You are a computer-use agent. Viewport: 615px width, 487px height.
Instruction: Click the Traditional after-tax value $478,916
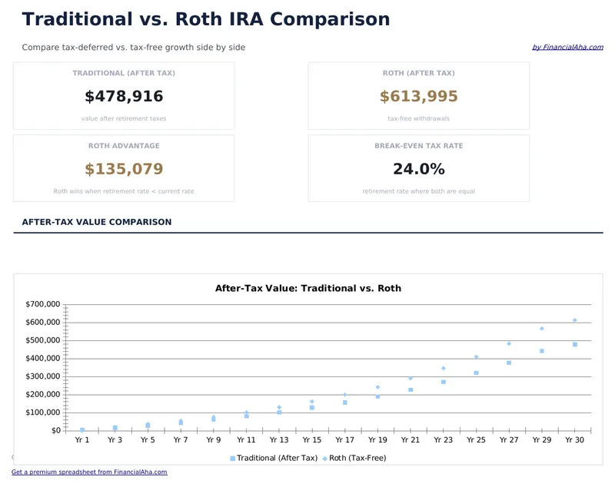(124, 97)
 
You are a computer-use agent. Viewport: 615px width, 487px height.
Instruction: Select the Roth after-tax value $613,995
(418, 97)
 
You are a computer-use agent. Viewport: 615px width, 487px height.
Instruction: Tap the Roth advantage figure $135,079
(124, 169)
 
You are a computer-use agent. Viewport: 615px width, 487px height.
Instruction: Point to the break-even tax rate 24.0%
(418, 169)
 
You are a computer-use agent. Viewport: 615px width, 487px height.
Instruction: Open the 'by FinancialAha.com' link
(567, 48)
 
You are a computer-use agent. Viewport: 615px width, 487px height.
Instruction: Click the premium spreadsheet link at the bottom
(89, 472)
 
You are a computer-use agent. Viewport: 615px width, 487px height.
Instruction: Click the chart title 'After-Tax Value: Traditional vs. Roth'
(307, 289)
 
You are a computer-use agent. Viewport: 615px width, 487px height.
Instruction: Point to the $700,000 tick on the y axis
(43, 304)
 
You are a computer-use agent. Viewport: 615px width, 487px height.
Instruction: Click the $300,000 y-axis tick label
(43, 376)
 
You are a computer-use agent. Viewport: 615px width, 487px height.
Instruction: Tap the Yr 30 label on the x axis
(574, 440)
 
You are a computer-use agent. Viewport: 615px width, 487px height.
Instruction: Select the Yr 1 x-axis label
(82, 440)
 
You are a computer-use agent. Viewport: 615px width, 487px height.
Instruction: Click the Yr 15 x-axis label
(312, 440)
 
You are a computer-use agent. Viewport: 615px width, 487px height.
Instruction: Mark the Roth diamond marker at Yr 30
(574, 320)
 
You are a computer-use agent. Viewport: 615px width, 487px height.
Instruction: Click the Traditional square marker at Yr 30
(574, 345)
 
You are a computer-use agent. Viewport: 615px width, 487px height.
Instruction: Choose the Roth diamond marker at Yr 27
(509, 343)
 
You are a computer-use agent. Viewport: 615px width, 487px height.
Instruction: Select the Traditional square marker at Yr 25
(476, 373)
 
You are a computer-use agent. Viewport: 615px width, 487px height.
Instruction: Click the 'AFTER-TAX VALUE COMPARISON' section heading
(97, 222)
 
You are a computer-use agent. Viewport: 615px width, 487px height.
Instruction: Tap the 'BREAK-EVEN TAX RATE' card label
(418, 146)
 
